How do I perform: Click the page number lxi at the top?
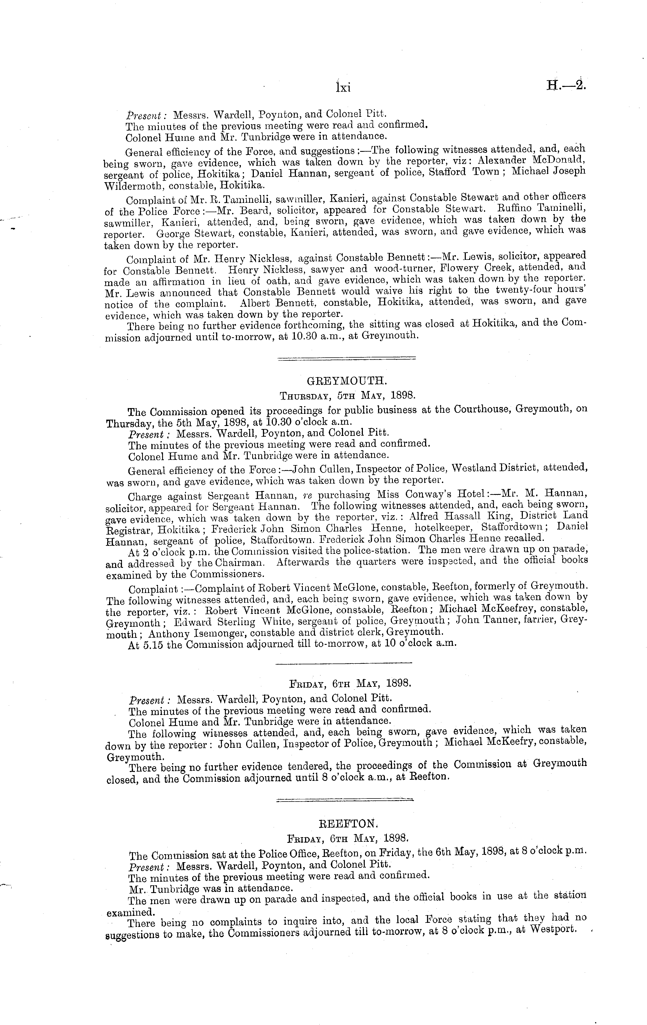coord(342,87)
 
